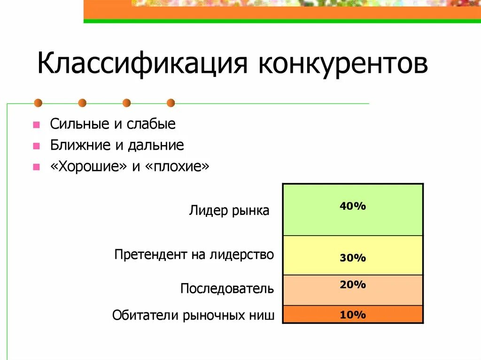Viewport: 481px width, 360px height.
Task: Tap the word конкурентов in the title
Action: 343,64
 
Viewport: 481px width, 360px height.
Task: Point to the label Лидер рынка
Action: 229,211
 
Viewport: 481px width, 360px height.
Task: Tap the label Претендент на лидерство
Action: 194,255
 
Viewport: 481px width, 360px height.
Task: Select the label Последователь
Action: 227,288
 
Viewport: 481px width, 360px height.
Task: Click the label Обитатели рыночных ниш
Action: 193,315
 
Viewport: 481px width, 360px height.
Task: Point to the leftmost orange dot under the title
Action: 38,103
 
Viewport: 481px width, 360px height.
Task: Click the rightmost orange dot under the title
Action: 171,103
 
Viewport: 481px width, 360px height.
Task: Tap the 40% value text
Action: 353,206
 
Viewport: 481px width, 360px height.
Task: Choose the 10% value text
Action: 353,315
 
